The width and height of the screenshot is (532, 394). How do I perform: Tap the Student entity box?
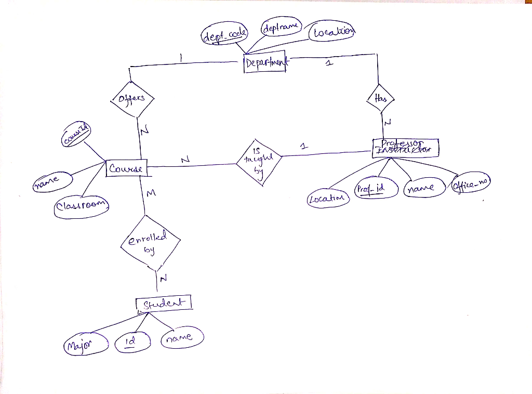point(164,303)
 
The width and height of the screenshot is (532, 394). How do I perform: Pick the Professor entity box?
point(406,147)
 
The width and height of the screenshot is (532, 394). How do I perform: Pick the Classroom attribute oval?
point(82,206)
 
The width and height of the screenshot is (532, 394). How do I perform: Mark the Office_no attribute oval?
point(471,183)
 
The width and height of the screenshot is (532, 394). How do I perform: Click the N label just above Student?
point(163,279)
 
